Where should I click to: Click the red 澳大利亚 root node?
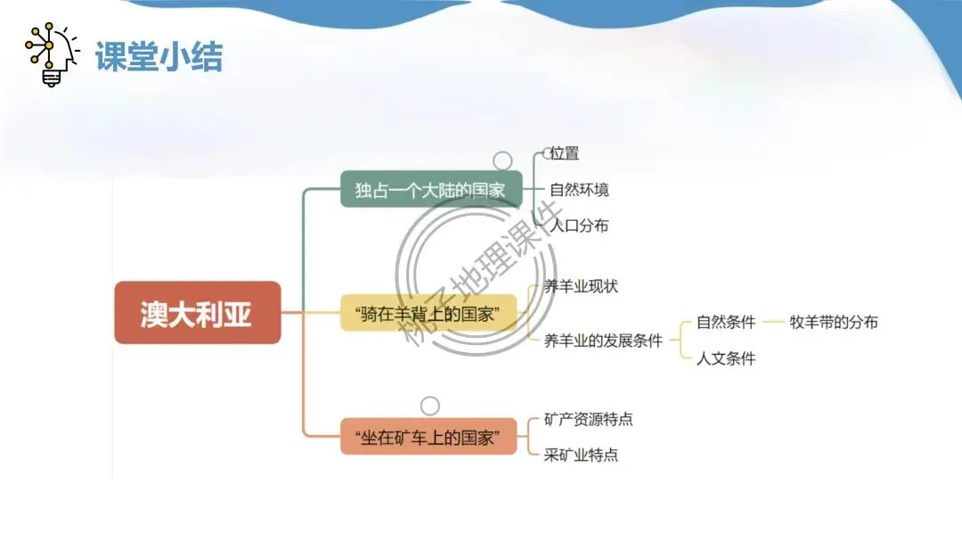point(197,313)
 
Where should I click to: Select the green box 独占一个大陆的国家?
point(430,190)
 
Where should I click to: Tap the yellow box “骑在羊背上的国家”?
point(428,314)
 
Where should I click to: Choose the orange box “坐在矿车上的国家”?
point(428,437)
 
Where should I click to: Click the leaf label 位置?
point(565,153)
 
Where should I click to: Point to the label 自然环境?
point(579,190)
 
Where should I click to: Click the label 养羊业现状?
point(581,286)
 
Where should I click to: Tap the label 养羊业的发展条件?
point(603,340)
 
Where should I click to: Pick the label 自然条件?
point(726,322)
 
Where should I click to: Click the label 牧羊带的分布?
point(834,322)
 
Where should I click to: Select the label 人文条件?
point(726,358)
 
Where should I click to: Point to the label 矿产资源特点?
point(588,419)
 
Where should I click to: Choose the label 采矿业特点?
point(581,455)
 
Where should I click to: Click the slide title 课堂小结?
point(159,56)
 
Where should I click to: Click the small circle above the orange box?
point(429,406)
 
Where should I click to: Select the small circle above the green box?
point(503,160)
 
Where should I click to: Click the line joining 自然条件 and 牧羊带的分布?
point(772,322)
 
